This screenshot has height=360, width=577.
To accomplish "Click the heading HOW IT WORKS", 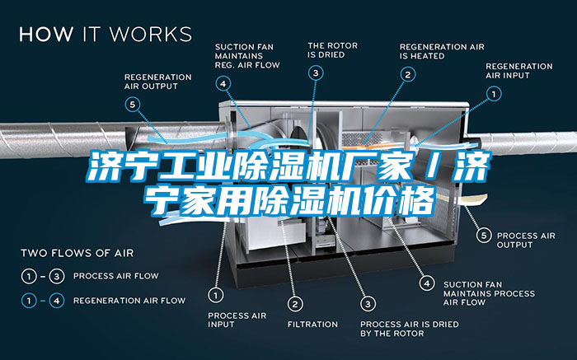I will tap(105, 35).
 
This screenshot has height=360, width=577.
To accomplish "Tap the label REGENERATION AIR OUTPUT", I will tap(157, 81).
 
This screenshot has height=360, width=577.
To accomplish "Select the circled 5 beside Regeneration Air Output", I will tap(134, 104).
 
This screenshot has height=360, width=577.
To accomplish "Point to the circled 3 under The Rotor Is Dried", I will tap(317, 72).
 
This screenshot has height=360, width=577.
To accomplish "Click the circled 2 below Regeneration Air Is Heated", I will tap(407, 73).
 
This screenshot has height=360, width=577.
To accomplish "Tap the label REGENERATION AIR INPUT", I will tap(518, 71).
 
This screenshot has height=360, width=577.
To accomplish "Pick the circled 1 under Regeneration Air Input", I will tap(495, 94).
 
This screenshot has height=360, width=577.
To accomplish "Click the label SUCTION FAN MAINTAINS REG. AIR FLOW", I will tap(246, 55).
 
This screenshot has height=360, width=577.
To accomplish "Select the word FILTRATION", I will tap(312, 324).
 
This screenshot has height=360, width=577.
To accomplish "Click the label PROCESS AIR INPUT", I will tap(236, 320).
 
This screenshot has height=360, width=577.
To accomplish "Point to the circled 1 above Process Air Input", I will tap(216, 293).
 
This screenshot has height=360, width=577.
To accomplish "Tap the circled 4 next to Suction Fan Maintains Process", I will tap(427, 283).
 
